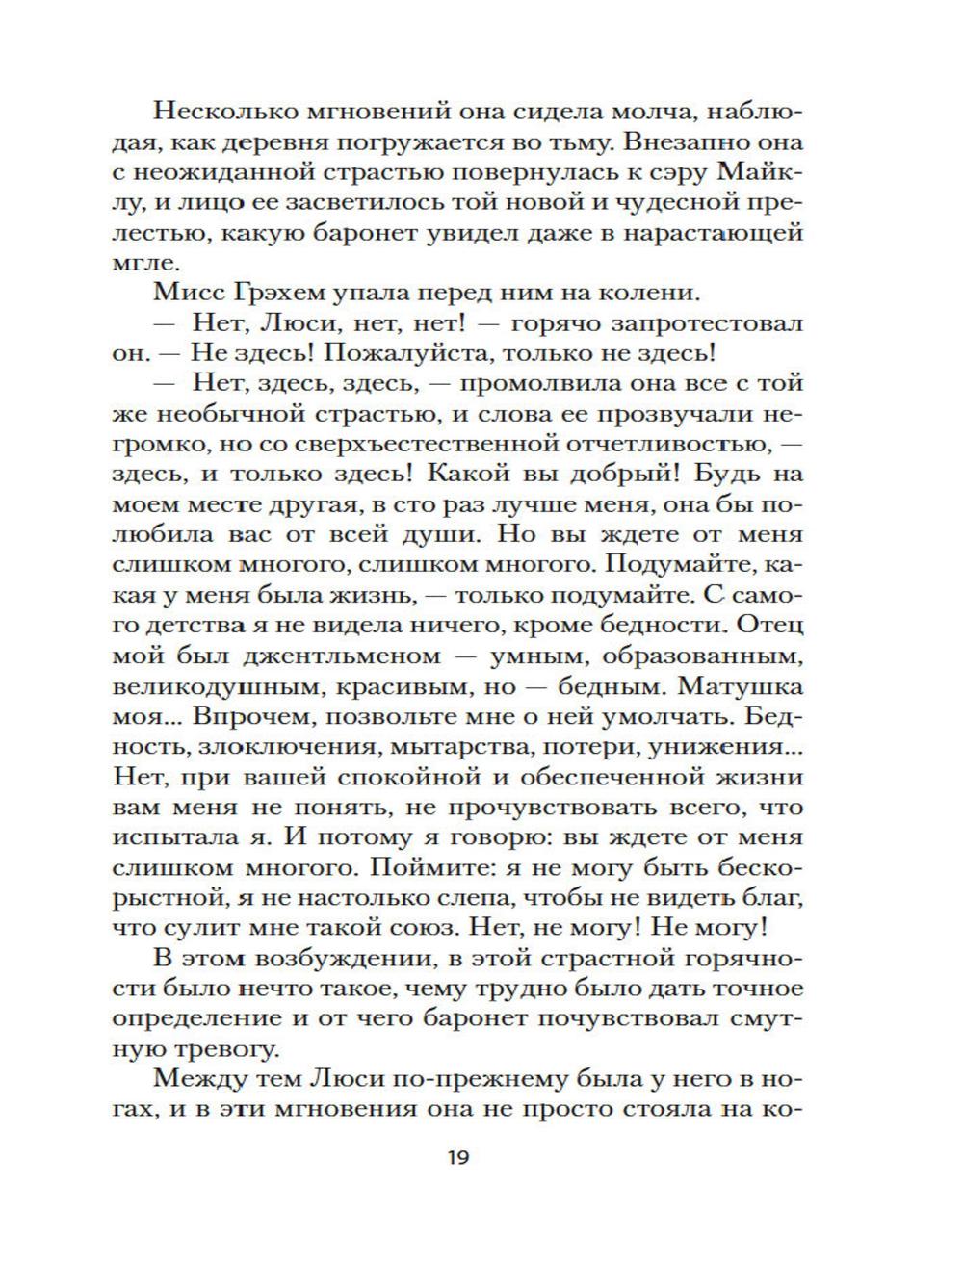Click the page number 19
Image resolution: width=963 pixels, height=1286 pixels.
(457, 1157)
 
